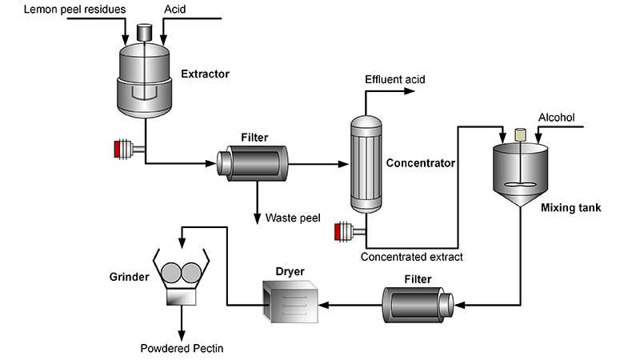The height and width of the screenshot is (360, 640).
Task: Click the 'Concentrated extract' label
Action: click(411, 257)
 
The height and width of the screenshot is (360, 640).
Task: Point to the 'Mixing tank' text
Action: click(570, 209)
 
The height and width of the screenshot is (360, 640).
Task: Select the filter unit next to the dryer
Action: click(417, 304)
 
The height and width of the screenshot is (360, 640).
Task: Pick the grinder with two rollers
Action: click(179, 279)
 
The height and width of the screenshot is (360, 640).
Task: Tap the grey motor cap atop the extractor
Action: click(146, 32)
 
